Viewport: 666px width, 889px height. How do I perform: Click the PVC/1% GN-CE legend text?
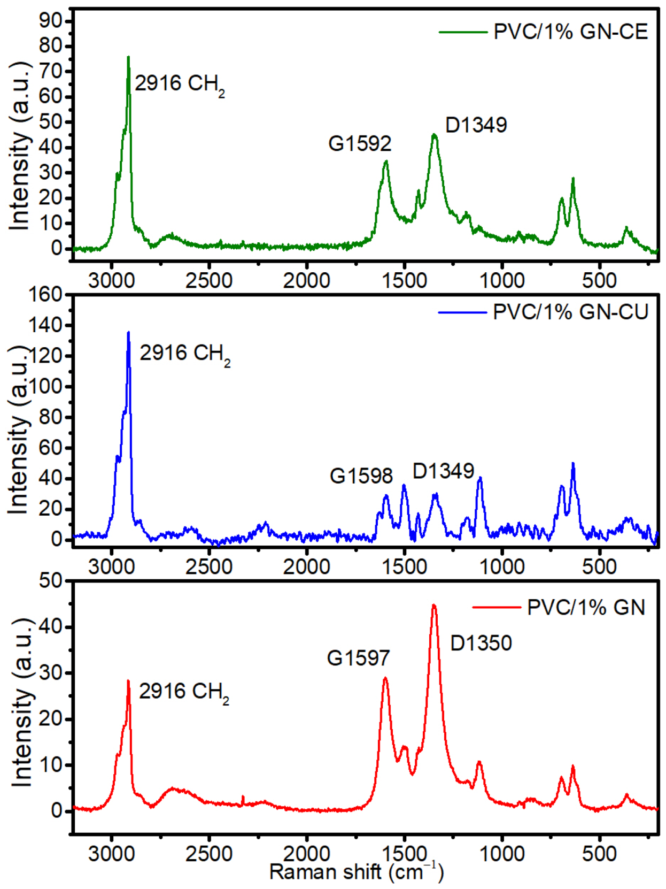570,32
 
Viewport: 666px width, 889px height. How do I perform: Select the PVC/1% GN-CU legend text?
570,312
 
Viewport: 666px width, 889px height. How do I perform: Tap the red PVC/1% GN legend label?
586,607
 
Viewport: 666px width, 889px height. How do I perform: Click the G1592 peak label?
360,143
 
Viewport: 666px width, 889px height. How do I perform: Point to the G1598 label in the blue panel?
361,476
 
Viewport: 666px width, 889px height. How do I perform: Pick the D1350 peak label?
481,643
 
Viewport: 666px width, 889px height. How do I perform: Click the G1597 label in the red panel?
359,658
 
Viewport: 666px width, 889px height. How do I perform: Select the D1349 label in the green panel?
476,125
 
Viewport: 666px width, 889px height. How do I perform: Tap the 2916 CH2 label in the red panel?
184,692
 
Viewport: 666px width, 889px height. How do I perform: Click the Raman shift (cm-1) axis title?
356,872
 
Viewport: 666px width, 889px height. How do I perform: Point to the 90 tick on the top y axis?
51,20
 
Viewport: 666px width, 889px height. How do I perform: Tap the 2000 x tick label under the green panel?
306,280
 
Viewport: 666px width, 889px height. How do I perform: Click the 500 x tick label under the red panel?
599,853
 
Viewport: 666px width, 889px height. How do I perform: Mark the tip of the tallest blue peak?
128,333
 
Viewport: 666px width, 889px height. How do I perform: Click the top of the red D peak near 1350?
434,605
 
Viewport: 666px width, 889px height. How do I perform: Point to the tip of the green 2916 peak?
128,57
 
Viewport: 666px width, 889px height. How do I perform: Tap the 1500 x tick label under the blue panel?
404,566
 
